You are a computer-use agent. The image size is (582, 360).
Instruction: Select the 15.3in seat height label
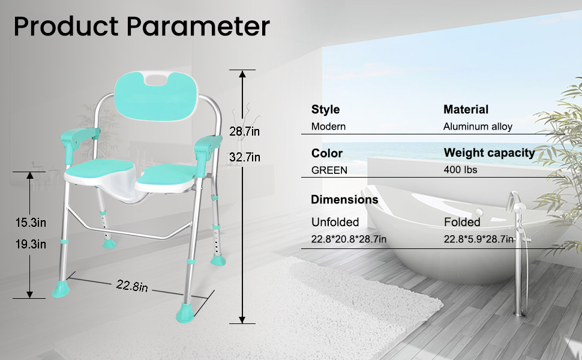pos(31,223)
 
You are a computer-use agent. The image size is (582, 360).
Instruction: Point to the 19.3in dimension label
pos(31,244)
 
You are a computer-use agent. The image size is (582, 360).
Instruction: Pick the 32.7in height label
pos(245,158)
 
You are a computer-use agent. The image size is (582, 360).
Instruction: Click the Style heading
pos(325,109)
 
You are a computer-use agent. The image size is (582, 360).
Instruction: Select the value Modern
pos(328,127)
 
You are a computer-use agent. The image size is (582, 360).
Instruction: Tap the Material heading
pos(466,109)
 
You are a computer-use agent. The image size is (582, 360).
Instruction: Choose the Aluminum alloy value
pos(478,127)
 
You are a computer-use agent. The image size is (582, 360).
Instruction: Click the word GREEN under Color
pos(329,170)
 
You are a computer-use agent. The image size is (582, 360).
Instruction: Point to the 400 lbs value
pos(460,170)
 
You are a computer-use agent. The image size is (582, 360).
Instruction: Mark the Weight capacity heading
pos(489,152)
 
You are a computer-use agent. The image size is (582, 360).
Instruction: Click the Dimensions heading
pos(344,199)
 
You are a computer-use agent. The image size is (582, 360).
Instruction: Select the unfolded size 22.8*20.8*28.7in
pos(349,239)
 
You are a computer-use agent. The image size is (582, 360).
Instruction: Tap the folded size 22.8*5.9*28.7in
pos(479,239)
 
